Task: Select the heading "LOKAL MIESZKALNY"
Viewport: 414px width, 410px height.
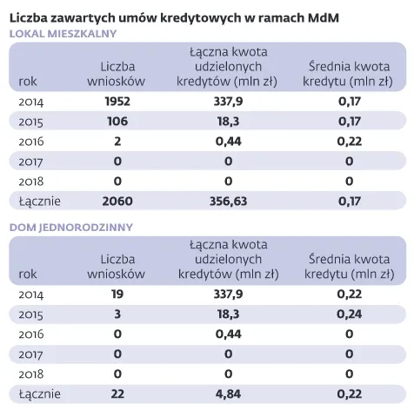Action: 62,33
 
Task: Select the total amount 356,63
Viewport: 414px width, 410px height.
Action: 227,202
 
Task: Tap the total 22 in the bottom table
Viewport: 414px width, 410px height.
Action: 117,395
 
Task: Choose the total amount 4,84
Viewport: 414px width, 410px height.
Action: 227,395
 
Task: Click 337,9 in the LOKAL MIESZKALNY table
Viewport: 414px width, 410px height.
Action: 227,102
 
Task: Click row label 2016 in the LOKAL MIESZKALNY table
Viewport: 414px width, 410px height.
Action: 31,142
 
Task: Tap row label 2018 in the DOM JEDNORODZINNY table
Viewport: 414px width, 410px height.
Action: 31,375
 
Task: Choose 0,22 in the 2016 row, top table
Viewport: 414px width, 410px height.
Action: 349,142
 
